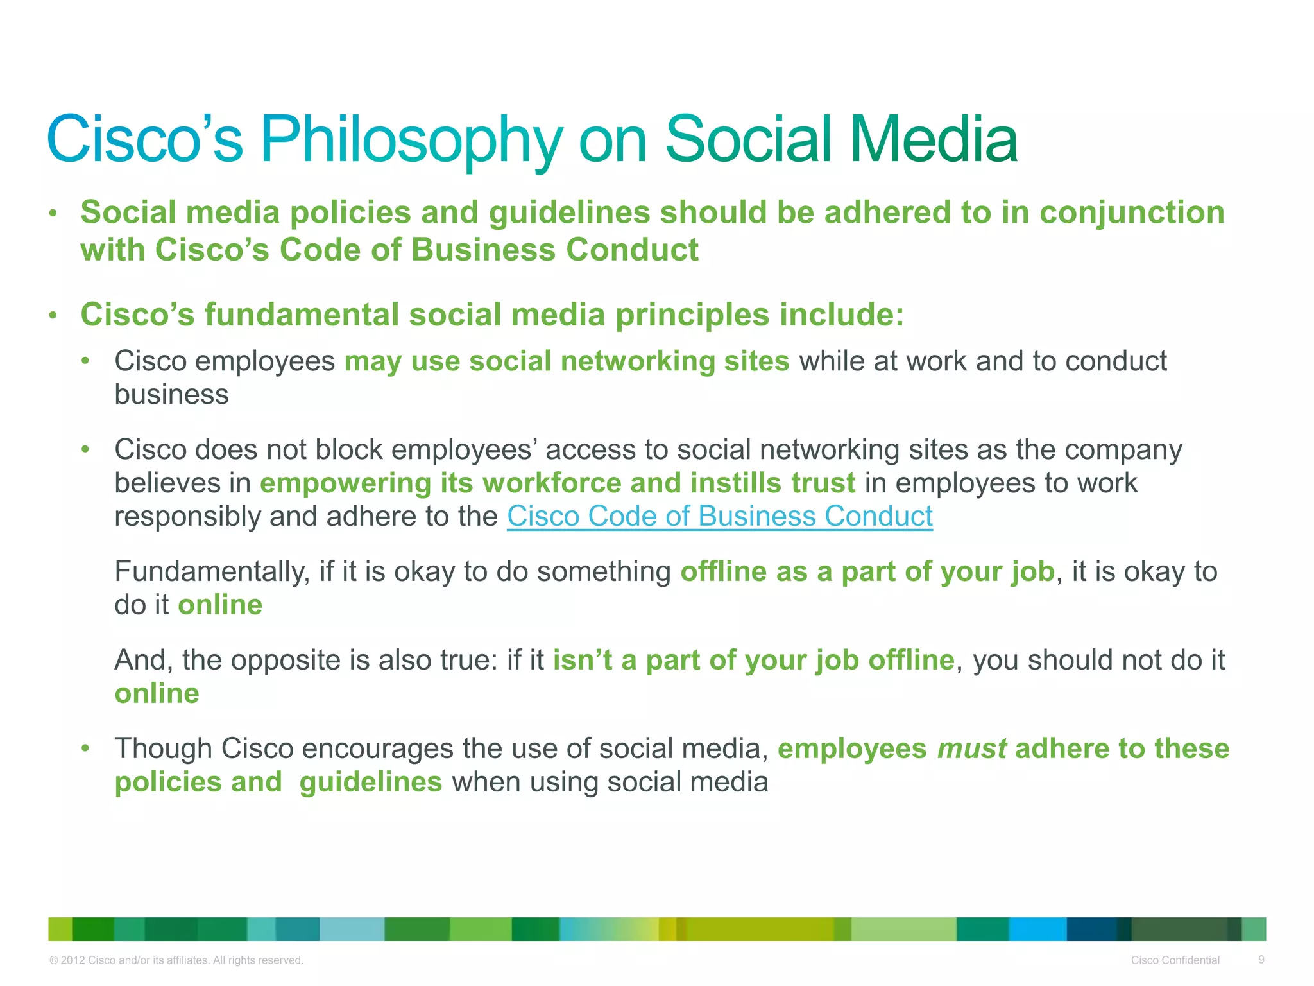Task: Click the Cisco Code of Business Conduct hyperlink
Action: point(719,517)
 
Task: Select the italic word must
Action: point(971,749)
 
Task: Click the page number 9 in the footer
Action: point(1261,960)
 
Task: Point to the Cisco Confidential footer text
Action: point(1175,960)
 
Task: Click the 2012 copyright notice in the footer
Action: point(176,960)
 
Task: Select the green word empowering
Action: point(345,483)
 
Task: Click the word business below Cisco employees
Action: point(171,395)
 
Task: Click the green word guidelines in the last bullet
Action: point(370,783)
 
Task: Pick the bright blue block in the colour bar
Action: point(1037,929)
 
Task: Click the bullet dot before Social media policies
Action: point(53,213)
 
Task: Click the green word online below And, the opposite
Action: point(157,694)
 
